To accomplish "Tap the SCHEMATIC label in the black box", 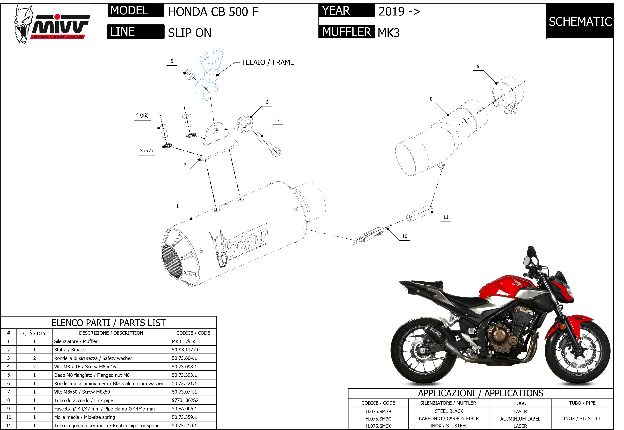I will pyautogui.click(x=580, y=22).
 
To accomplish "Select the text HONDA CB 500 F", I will pyautogui.click(x=213, y=12).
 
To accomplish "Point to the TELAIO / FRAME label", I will pyautogui.click(x=268, y=63).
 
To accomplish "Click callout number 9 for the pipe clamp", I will pyautogui.click(x=478, y=66).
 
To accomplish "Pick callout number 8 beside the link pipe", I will pyautogui.click(x=431, y=99).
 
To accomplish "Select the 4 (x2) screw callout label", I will pyautogui.click(x=142, y=115).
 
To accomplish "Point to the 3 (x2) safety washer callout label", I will pyautogui.click(x=146, y=151).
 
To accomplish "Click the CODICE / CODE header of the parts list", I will pyautogui.click(x=193, y=333).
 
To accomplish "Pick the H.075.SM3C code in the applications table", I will pyautogui.click(x=378, y=419).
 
